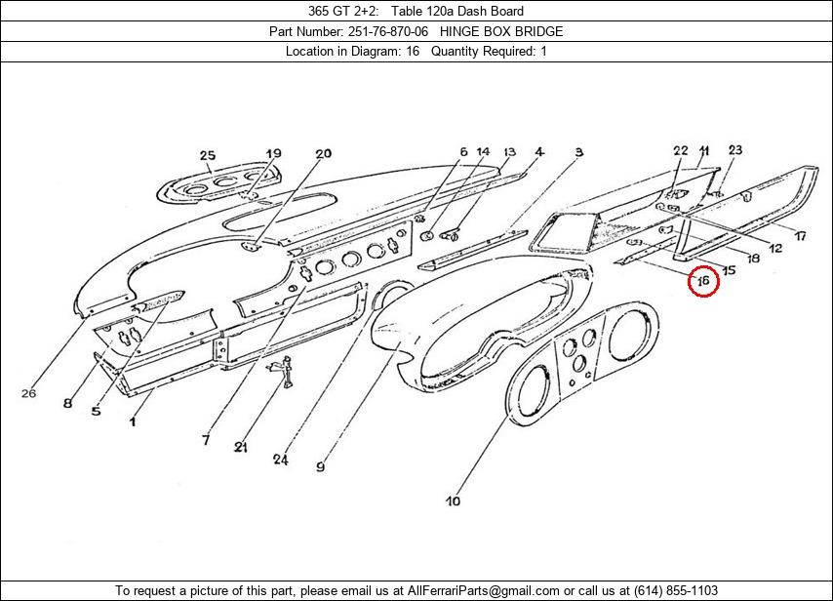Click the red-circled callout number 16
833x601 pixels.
click(702, 282)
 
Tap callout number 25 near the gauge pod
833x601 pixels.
click(207, 155)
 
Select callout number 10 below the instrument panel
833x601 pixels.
click(453, 501)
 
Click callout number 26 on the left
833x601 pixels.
click(28, 393)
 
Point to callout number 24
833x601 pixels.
click(281, 459)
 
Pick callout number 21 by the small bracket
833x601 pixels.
click(240, 447)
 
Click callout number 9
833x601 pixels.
click(320, 466)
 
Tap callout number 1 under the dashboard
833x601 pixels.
click(134, 421)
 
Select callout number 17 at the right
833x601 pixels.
click(799, 236)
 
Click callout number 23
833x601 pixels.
click(734, 150)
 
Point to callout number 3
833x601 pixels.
click(578, 152)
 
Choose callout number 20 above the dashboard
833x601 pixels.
click(323, 153)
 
